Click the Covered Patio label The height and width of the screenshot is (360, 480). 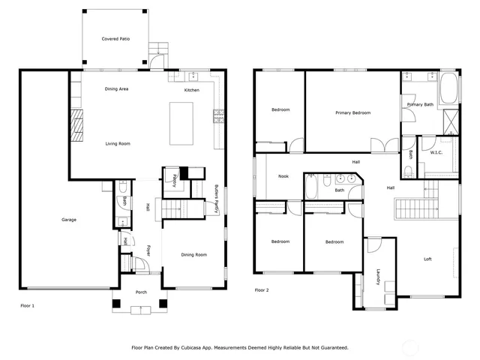click(x=116, y=38)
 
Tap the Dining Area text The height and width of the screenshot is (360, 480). click(x=116, y=89)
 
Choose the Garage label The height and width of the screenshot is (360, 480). click(x=69, y=220)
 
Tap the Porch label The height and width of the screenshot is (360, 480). click(x=140, y=292)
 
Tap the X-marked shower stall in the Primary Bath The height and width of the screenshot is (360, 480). click(x=451, y=121)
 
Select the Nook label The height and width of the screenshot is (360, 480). click(x=283, y=176)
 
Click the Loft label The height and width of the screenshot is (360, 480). click(x=427, y=259)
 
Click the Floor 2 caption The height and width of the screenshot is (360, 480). click(x=261, y=289)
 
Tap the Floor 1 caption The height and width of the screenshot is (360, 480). click(x=27, y=305)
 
